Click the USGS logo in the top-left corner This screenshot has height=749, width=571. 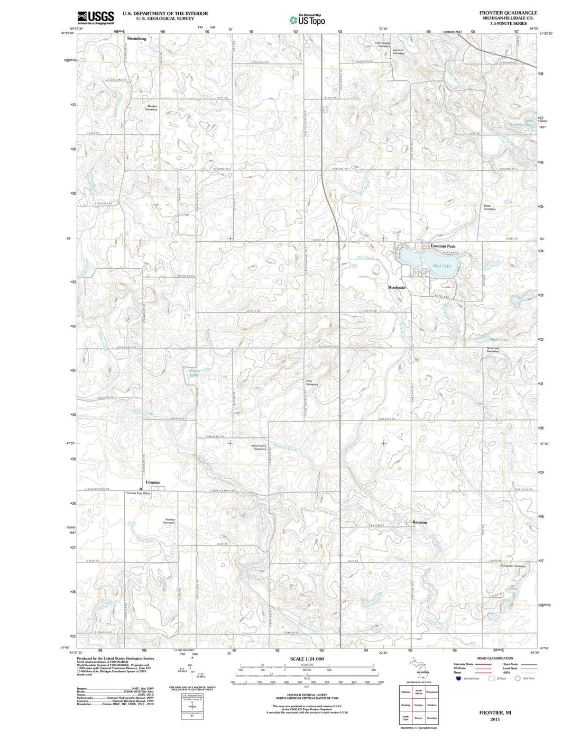96,17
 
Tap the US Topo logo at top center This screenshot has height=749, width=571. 307,20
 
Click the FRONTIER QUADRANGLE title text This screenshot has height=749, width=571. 508,13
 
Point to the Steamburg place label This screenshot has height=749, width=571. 136,39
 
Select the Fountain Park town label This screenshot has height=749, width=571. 443,246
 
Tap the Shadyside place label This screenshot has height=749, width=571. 397,287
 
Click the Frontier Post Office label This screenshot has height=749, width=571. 138,493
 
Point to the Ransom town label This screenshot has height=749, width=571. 419,522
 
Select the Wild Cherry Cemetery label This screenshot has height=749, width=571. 259,447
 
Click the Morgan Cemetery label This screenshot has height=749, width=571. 152,107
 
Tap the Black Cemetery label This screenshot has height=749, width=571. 490,207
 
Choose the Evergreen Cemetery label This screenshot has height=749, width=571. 513,566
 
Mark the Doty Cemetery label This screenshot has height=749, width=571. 312,382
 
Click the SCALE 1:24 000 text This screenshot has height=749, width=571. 307,659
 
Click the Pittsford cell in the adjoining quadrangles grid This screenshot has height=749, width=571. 432,705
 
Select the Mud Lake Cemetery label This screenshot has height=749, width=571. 493,350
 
